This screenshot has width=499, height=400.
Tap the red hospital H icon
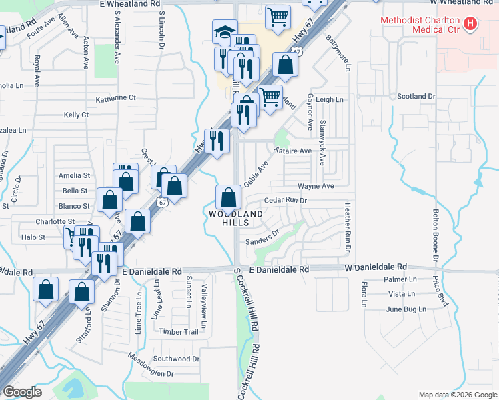pos(471,25)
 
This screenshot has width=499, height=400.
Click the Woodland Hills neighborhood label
pos(233,218)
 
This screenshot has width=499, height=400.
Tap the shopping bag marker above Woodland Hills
pos(228,197)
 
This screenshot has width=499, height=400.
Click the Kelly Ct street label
pos(76,115)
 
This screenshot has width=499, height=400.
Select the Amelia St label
pos(74,175)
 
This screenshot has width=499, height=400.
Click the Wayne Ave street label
pos(316,186)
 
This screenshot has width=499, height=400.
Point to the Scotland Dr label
pos(416,97)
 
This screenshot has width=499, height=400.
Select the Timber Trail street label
pos(178,331)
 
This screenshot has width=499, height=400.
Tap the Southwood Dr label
pos(177,359)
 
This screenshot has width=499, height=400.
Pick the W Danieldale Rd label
pos(376,267)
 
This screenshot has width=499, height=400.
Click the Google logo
pos(23,391)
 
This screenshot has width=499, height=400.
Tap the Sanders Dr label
pos(262,238)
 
